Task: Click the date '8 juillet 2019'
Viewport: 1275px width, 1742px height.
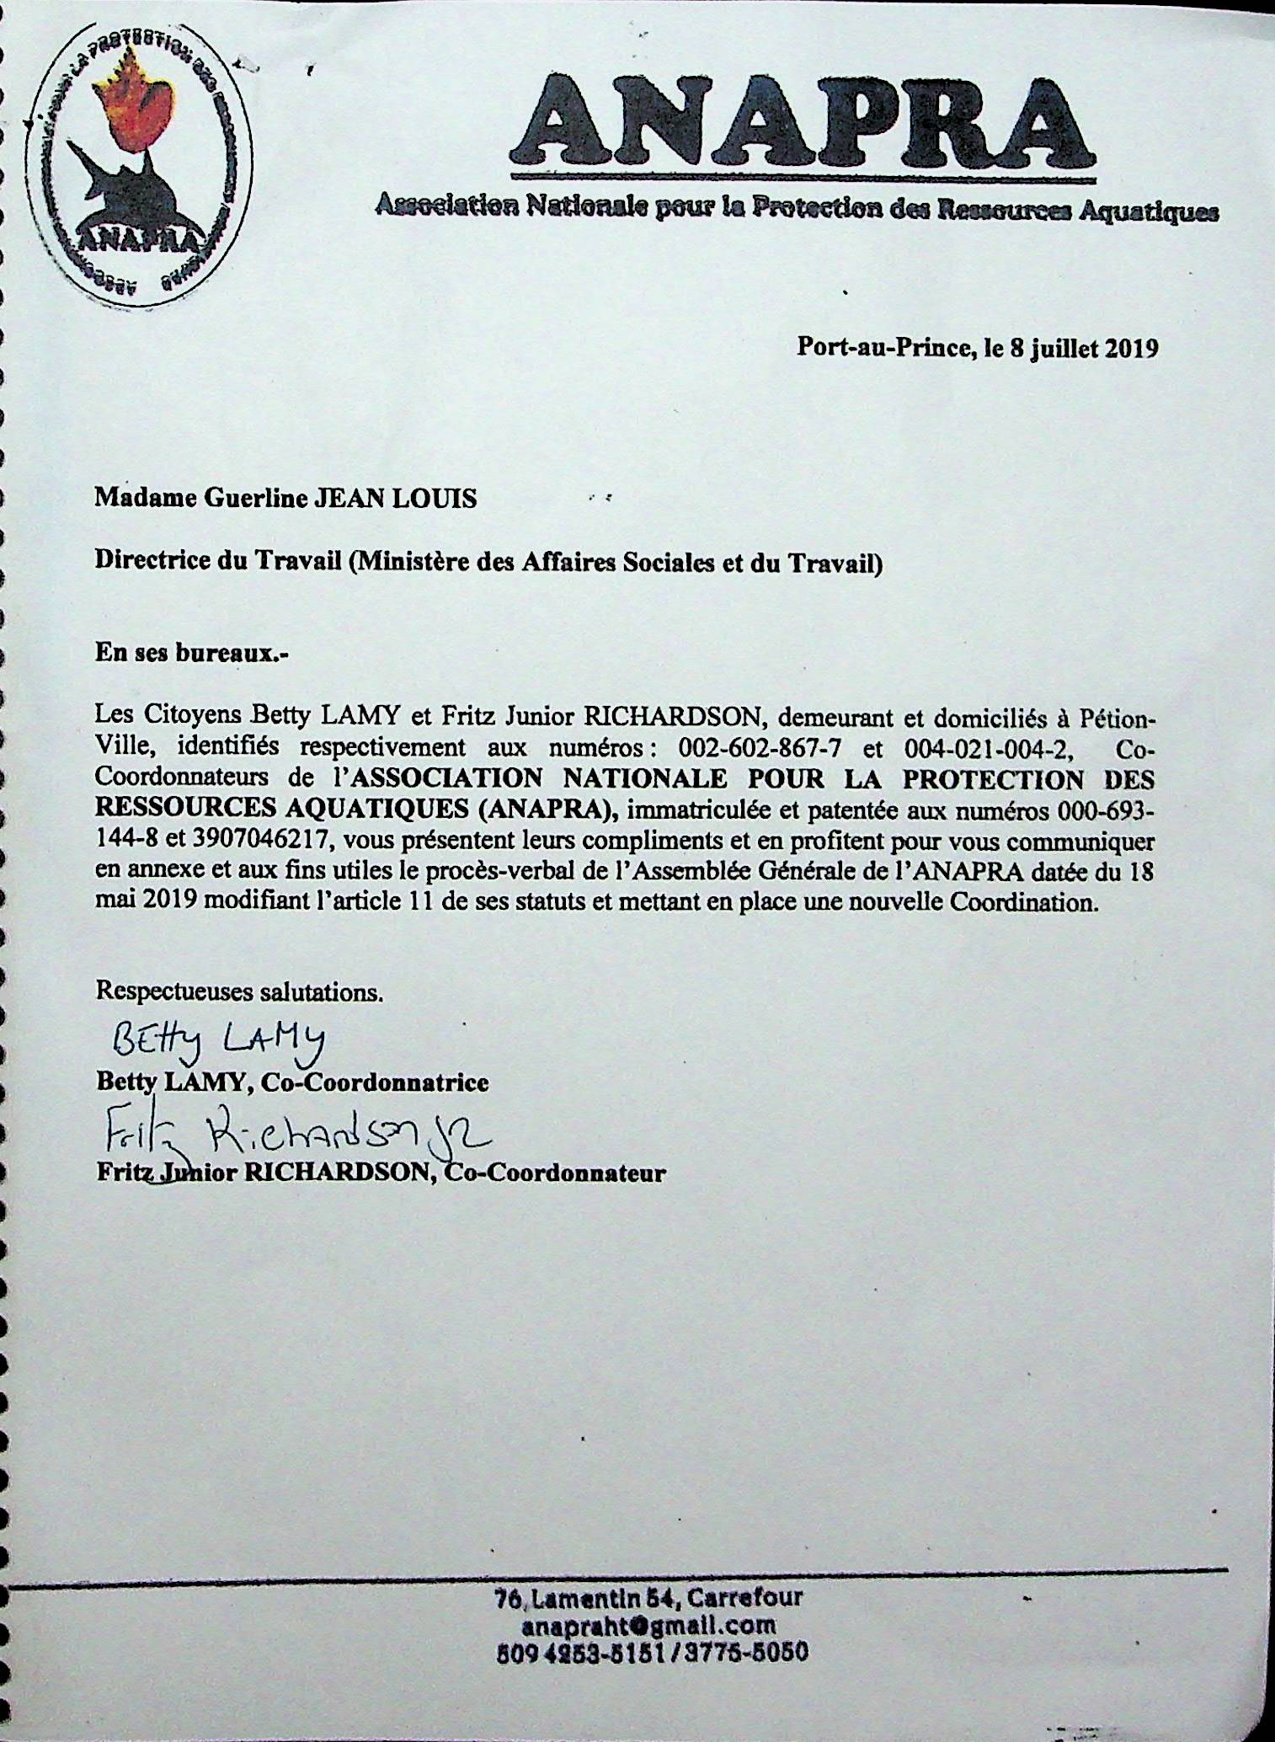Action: [1083, 348]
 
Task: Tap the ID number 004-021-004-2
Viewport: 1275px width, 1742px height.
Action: [988, 748]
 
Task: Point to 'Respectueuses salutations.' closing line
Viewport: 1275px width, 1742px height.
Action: [239, 991]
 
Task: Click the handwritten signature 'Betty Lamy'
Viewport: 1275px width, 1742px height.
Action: [219, 1042]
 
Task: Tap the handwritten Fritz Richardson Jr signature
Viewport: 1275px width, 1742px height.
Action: [295, 1139]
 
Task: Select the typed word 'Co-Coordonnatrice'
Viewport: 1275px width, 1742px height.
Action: [375, 1082]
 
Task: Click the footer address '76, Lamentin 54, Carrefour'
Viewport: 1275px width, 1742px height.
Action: [649, 1597]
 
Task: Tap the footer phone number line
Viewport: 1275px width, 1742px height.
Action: [653, 1652]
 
